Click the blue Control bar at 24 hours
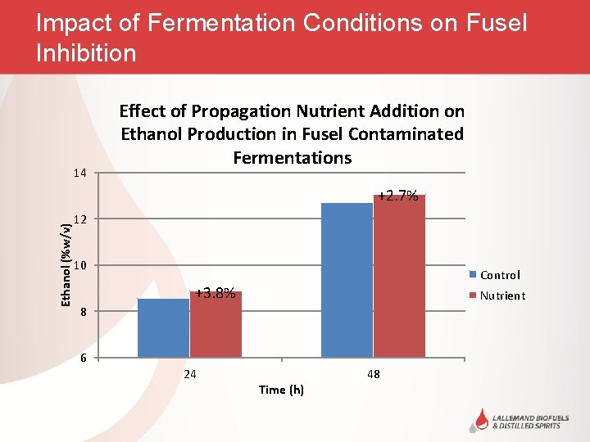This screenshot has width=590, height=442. point(164,327)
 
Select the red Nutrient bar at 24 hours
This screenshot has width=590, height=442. point(216,324)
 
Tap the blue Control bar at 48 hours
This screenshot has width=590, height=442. point(347,279)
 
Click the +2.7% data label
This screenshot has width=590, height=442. point(398,196)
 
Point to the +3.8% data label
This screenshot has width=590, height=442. point(216,293)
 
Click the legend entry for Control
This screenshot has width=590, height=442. point(500,275)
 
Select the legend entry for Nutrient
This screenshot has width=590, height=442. point(502,295)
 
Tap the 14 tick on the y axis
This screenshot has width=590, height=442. point(79,173)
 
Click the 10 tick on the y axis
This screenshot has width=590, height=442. point(79,266)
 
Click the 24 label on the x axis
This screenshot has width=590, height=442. point(190,374)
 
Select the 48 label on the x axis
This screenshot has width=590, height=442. point(374,374)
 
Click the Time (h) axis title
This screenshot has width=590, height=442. point(281,390)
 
